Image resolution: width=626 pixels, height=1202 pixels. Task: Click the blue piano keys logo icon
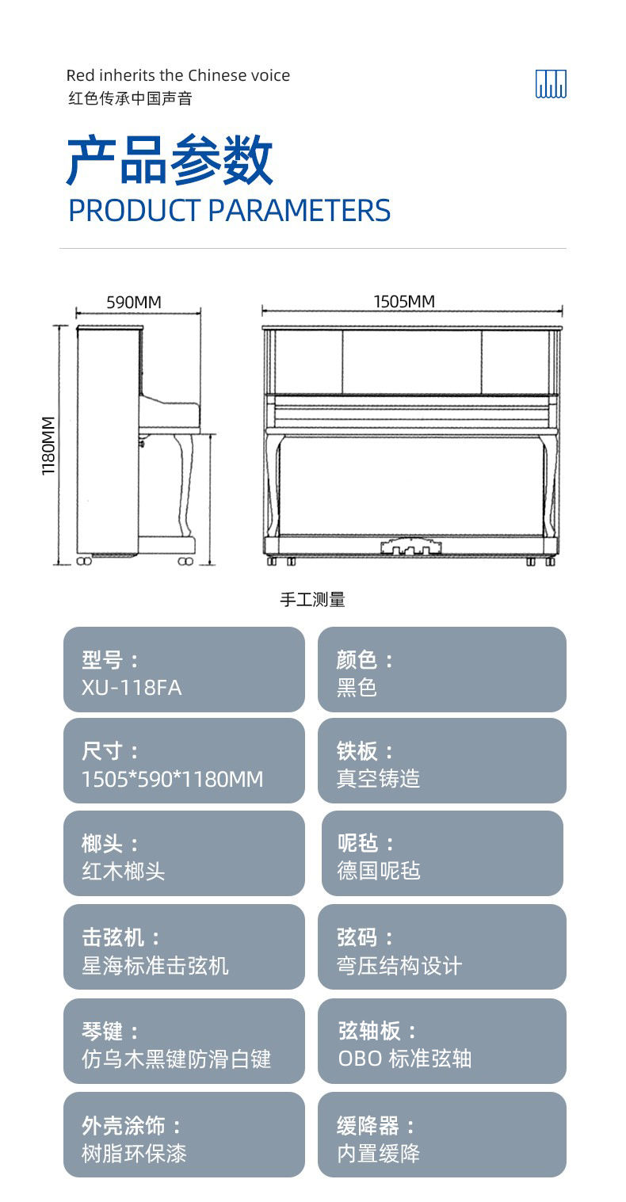point(551,84)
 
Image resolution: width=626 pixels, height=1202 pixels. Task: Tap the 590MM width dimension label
point(134,302)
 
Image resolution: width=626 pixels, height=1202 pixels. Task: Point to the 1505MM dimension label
point(404,302)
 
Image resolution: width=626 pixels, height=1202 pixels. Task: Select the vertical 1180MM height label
point(48,445)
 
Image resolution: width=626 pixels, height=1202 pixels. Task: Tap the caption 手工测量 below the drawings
point(312,599)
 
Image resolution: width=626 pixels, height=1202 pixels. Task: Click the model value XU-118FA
point(132,688)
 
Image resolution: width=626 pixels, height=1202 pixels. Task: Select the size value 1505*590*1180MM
point(172,779)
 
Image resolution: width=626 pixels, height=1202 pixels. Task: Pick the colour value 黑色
point(357,688)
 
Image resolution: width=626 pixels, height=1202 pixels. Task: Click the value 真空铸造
point(378,779)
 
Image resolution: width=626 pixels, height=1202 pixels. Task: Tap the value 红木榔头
point(124,871)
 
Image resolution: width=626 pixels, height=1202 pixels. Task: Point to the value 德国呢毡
point(379,870)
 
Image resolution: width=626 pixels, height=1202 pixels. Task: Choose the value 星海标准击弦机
point(155,965)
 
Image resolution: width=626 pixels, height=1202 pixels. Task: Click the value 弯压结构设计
point(399,965)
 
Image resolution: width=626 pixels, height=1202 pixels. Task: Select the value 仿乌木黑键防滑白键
point(177,1059)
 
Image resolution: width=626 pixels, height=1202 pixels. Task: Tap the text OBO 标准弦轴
point(404,1059)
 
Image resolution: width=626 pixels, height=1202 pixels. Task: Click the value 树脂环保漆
point(134,1153)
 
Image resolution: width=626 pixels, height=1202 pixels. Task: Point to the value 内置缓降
point(378,1153)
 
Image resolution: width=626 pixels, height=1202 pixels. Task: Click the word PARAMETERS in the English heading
point(300,210)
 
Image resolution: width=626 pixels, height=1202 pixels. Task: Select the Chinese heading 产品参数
point(170,160)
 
